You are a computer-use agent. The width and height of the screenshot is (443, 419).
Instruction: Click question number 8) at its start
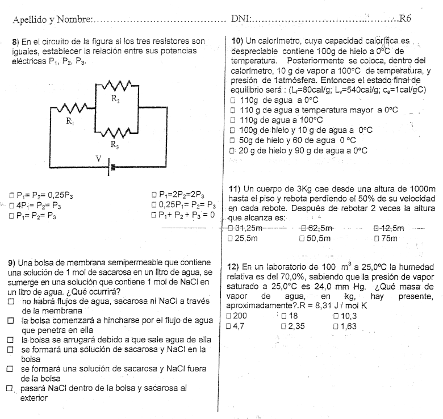pyautogui.click(x=15, y=41)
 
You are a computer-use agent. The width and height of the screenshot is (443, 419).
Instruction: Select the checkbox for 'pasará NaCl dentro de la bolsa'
pyautogui.click(x=10, y=389)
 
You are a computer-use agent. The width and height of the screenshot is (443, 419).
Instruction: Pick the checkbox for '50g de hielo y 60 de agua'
pyautogui.click(x=232, y=140)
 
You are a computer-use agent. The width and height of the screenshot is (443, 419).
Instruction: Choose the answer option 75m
pyautogui.click(x=389, y=238)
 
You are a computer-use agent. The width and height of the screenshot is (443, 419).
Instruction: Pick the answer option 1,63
pyautogui.click(x=348, y=326)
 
